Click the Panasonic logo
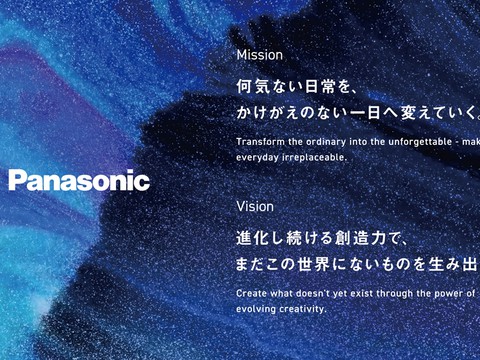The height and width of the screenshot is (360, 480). [79, 181]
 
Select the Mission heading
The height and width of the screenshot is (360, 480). [260, 55]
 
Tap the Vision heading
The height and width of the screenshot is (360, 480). [255, 207]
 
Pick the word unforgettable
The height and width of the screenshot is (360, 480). [413, 141]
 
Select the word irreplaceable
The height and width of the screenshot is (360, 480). [316, 158]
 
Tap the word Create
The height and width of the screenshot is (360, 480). [252, 293]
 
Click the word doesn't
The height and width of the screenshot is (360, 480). [321, 293]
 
